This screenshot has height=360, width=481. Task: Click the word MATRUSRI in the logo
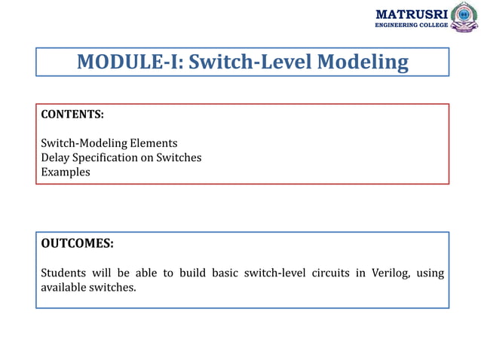(x=411, y=14)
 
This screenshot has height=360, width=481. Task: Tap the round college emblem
(x=464, y=17)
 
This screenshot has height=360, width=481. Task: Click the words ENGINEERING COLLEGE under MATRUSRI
(x=412, y=26)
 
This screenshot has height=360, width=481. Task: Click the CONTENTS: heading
(x=72, y=114)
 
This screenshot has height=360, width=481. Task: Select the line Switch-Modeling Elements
(x=109, y=142)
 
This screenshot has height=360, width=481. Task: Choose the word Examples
(x=66, y=172)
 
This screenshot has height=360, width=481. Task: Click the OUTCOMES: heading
(x=77, y=243)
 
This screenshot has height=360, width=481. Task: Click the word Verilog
(x=390, y=272)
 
